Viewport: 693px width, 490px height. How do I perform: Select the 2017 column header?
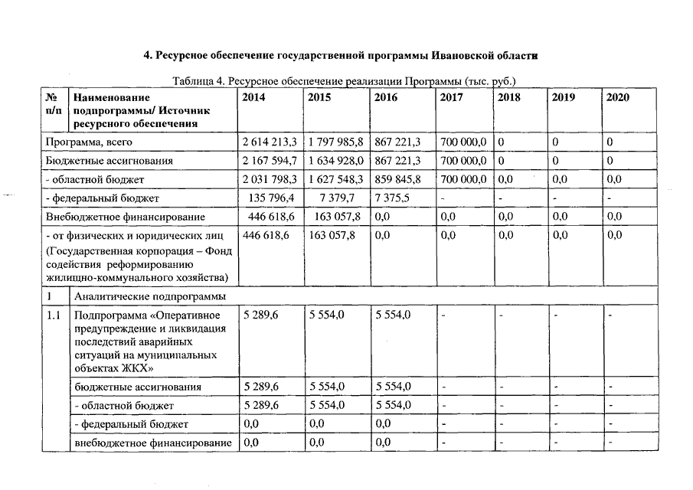tap(453, 98)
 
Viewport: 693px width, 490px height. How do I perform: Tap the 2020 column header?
tap(617, 98)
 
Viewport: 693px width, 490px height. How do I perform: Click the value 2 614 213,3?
tap(270, 142)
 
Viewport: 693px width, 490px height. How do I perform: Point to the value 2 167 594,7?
tap(270, 161)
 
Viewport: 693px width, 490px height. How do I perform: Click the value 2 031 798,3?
tap(270, 179)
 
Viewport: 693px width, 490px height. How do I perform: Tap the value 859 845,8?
tap(399, 179)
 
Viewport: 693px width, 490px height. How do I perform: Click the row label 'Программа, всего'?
tap(90, 142)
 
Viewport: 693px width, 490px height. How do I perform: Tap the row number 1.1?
tap(54, 315)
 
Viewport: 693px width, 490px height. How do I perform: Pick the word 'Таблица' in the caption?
tap(193, 80)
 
